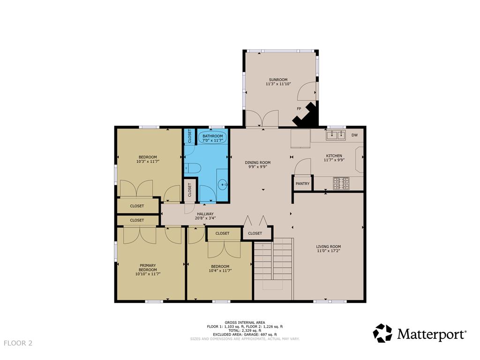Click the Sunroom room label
point(278,79)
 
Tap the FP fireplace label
point(299,109)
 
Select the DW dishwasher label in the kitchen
point(354,136)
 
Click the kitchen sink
point(335,136)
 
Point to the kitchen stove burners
point(341,183)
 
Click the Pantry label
point(302,183)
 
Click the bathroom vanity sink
point(223,184)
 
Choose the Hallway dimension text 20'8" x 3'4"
point(205,218)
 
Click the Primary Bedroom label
point(147,268)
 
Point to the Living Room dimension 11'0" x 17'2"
point(328,251)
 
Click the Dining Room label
point(258,163)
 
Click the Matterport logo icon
point(382,333)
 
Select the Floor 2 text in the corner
point(18,343)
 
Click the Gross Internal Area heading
point(245,322)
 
